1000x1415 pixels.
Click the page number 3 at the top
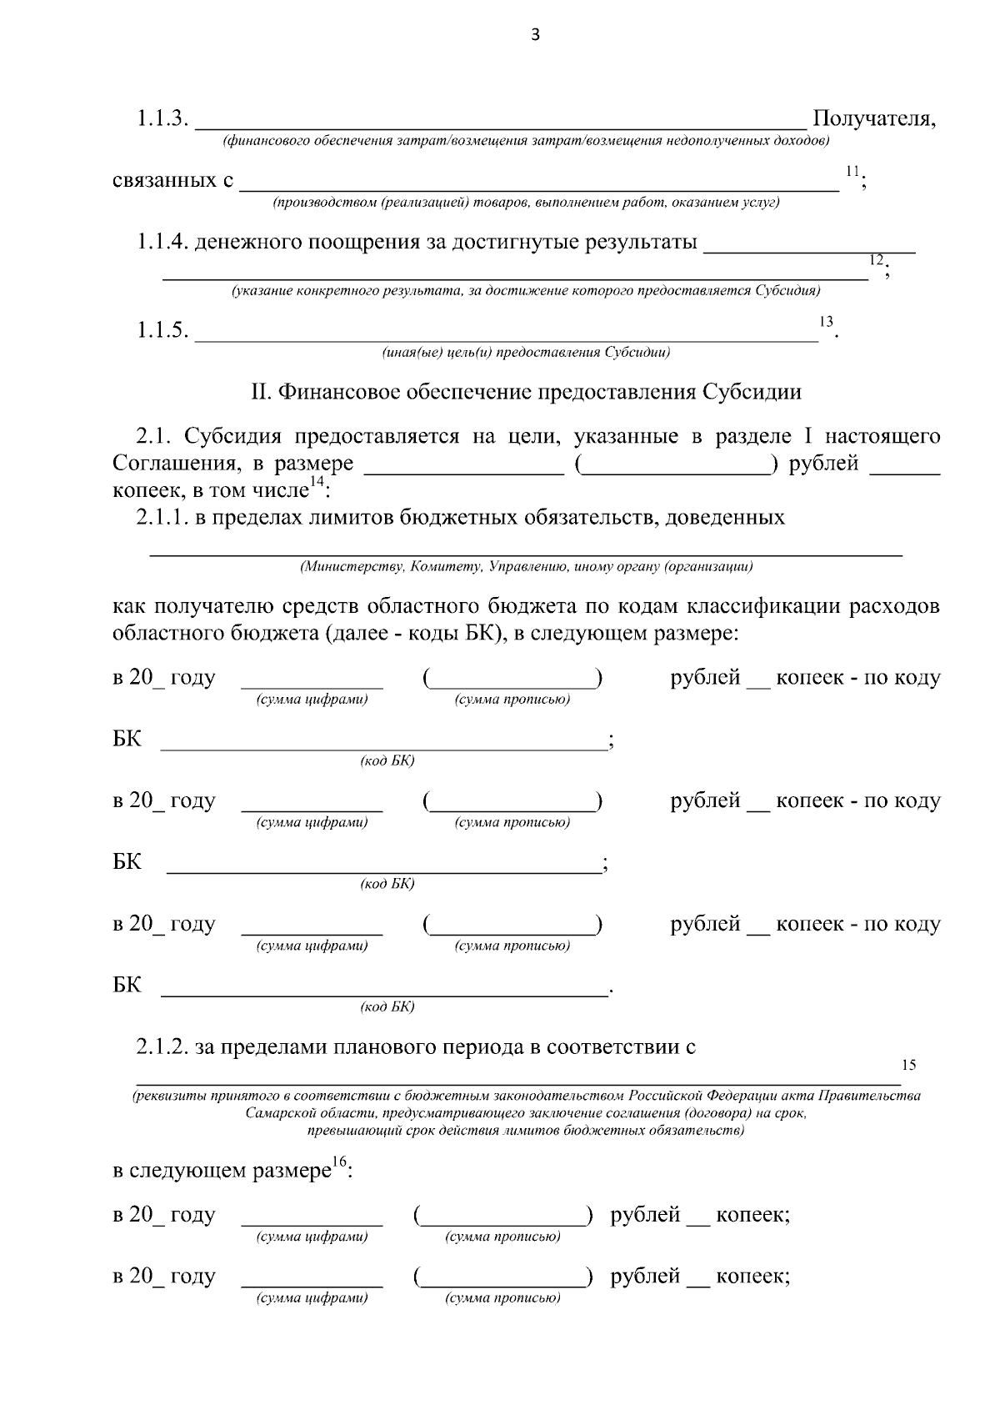535,34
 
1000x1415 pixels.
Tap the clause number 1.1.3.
162,119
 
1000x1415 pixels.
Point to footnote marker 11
852,171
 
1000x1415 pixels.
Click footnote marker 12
875,259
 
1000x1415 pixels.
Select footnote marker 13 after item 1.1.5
826,321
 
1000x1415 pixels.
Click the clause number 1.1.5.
162,330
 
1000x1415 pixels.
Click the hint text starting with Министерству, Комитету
526,567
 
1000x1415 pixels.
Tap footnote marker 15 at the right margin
908,1065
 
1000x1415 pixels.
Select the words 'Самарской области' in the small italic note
300,1113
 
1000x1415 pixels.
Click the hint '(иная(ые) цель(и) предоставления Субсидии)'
526,352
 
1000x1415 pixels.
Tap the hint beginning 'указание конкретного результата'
526,291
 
